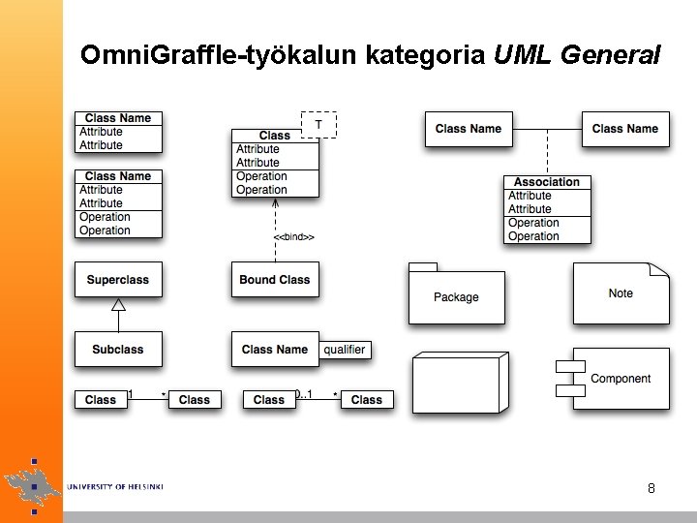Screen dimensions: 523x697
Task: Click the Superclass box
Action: [x=118, y=280]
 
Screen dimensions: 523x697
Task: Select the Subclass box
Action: [x=118, y=349]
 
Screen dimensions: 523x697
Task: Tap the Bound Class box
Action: [x=275, y=280]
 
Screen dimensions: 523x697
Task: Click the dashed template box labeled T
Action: [x=318, y=125]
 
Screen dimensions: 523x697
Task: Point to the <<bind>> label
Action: [x=293, y=236]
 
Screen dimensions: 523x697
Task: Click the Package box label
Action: [x=456, y=297]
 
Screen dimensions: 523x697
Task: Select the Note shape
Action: [x=621, y=293]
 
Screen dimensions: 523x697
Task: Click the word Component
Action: [x=621, y=379]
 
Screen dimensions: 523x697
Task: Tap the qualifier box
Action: [x=345, y=350]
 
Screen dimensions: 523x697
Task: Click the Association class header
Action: [x=547, y=182]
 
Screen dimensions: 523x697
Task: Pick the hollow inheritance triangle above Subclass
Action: [x=118, y=305]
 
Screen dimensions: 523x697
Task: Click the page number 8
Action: [x=652, y=488]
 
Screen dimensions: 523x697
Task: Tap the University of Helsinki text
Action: [x=115, y=486]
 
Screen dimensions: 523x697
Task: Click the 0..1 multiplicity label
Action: [x=304, y=393]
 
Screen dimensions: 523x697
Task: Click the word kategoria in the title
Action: [x=426, y=55]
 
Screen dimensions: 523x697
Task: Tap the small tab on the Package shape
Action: [x=423, y=266]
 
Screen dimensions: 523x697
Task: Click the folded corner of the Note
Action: [x=660, y=270]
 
